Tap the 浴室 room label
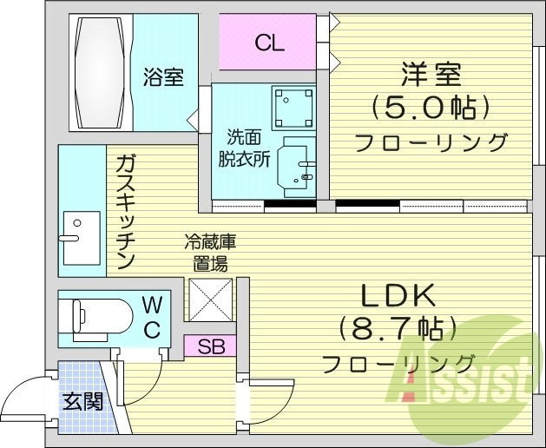click(163, 78)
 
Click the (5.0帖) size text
click(431, 109)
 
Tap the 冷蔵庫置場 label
click(209, 251)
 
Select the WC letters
click(151, 316)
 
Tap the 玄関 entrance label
click(83, 401)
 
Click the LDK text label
click(397, 296)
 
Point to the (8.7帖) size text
click(398, 329)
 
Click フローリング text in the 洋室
click(431, 142)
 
